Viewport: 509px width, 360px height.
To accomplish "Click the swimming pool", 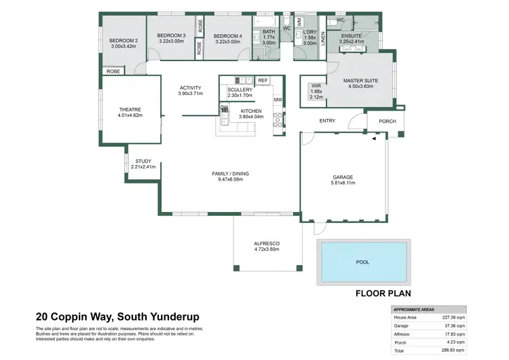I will coord(362,262).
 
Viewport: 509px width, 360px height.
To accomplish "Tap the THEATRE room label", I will coord(129,109).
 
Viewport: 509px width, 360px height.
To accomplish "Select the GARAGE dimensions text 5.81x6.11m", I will coord(342,183).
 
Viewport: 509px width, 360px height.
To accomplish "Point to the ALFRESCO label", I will coord(267,243).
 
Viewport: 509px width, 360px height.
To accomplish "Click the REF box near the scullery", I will coord(263,80).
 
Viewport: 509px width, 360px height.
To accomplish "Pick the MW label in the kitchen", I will coord(278,101).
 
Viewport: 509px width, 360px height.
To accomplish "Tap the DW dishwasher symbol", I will coord(224,107).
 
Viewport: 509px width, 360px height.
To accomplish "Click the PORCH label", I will coord(387,122).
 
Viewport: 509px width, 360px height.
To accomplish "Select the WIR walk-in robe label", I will coord(316,86).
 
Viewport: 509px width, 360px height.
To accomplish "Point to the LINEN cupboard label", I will coord(323,41).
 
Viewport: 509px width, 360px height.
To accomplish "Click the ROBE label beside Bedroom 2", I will coord(113,71).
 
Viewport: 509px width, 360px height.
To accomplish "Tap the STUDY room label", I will coord(143,161).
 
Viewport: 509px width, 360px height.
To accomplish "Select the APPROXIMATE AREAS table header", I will coord(415,309).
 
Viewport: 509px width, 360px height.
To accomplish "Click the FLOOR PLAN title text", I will coord(384,294).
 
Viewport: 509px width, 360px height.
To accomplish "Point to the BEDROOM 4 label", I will coord(227,36).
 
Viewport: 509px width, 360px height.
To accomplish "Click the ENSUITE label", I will coord(351,35).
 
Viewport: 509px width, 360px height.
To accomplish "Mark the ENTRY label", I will coord(327,121).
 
